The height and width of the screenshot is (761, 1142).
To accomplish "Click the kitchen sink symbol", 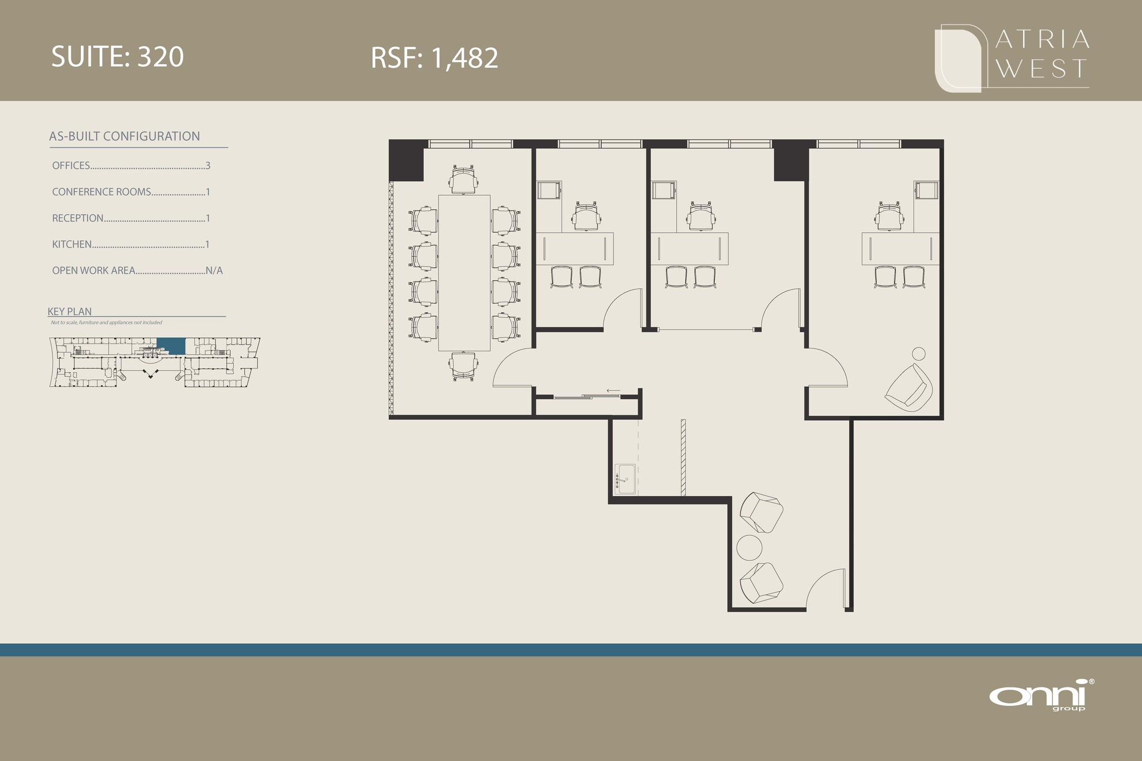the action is pos(625,479).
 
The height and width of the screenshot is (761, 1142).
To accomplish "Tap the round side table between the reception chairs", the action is pos(749,548).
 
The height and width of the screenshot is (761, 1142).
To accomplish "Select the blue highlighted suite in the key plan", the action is pos(171,346).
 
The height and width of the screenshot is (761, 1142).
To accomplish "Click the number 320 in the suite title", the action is pos(161,57).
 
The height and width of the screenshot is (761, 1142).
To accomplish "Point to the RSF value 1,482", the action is pos(465,59).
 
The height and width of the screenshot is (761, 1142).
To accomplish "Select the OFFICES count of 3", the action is pos(208,166).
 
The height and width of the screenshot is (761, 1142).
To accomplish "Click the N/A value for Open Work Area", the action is pos(214,270).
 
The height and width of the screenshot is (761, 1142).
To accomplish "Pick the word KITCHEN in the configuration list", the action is pos(72,244).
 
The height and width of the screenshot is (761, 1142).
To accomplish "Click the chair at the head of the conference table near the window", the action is pos(464,179).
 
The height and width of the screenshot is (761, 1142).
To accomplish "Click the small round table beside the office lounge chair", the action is pos(918,353).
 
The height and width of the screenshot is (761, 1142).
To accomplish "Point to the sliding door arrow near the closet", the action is pos(613,391).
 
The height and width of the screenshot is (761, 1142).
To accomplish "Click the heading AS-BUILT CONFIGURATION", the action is pos(124,137).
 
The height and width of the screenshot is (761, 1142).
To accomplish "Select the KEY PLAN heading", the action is pos(70,312).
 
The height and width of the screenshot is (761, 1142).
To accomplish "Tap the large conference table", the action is pos(464,273).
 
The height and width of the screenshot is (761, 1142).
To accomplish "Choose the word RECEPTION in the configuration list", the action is pos(78,218).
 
